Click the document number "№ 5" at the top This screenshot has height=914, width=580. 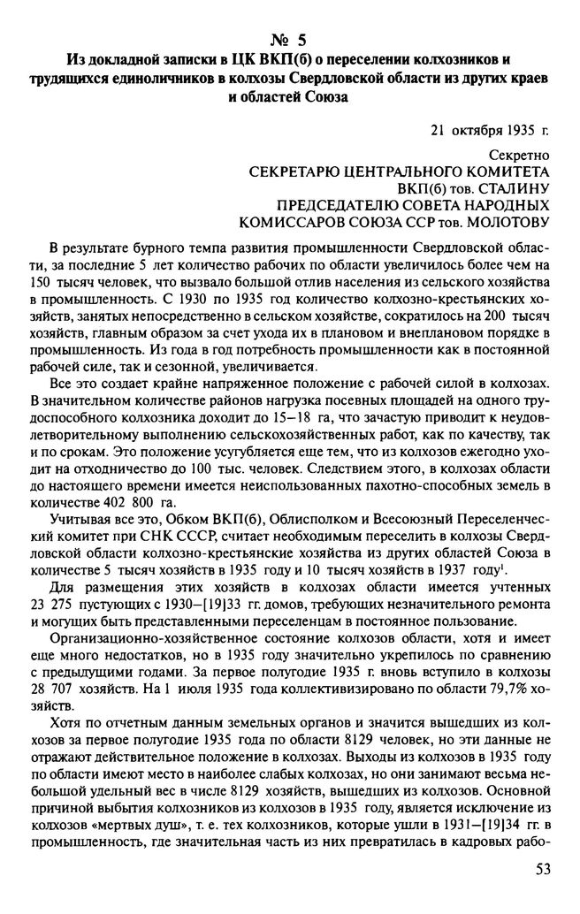tap(290, 40)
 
